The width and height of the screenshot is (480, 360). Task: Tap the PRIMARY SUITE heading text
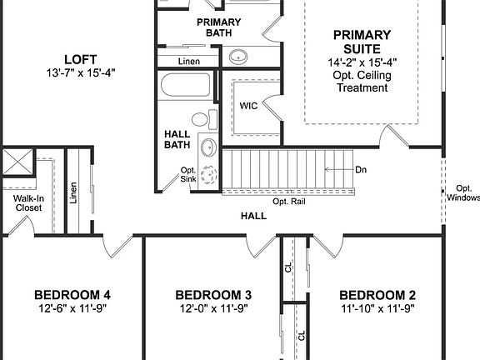coord(362,42)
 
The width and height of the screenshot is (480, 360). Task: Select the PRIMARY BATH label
coord(218,27)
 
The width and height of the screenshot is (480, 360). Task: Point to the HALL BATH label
coord(178,138)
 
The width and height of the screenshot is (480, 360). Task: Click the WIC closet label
coord(248,106)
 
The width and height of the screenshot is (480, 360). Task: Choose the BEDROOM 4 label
coord(72,295)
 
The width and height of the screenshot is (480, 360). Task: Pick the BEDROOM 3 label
coord(213,295)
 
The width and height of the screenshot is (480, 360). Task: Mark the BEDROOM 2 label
coord(377,295)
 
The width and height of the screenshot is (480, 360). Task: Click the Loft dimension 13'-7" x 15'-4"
coord(82,72)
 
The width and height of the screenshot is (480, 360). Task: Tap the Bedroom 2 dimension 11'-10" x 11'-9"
coord(377,308)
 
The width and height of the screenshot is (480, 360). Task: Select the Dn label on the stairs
coord(361,169)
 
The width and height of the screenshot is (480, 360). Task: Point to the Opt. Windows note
coord(462,192)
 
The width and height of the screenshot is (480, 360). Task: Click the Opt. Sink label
coord(188,175)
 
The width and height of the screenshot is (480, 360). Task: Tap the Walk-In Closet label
coord(22,203)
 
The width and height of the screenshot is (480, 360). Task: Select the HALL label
coord(253,216)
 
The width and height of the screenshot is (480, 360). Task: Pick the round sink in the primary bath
coord(239,57)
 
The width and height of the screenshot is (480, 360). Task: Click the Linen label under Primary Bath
coord(190,62)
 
